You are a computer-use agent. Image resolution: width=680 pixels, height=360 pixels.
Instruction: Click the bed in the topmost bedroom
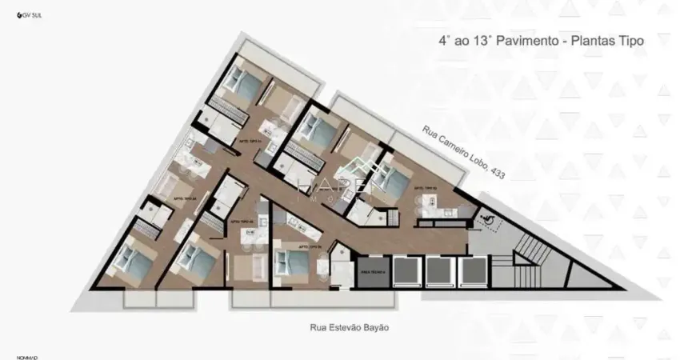point(240,78)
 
